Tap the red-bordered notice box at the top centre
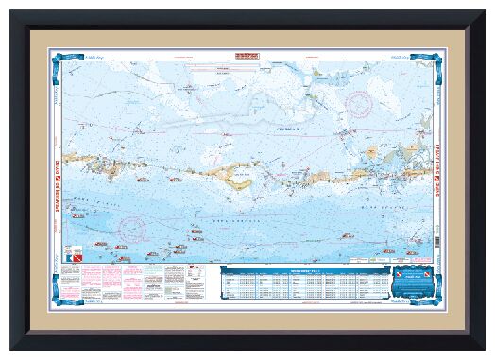pyautogui.click(x=247, y=59)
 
